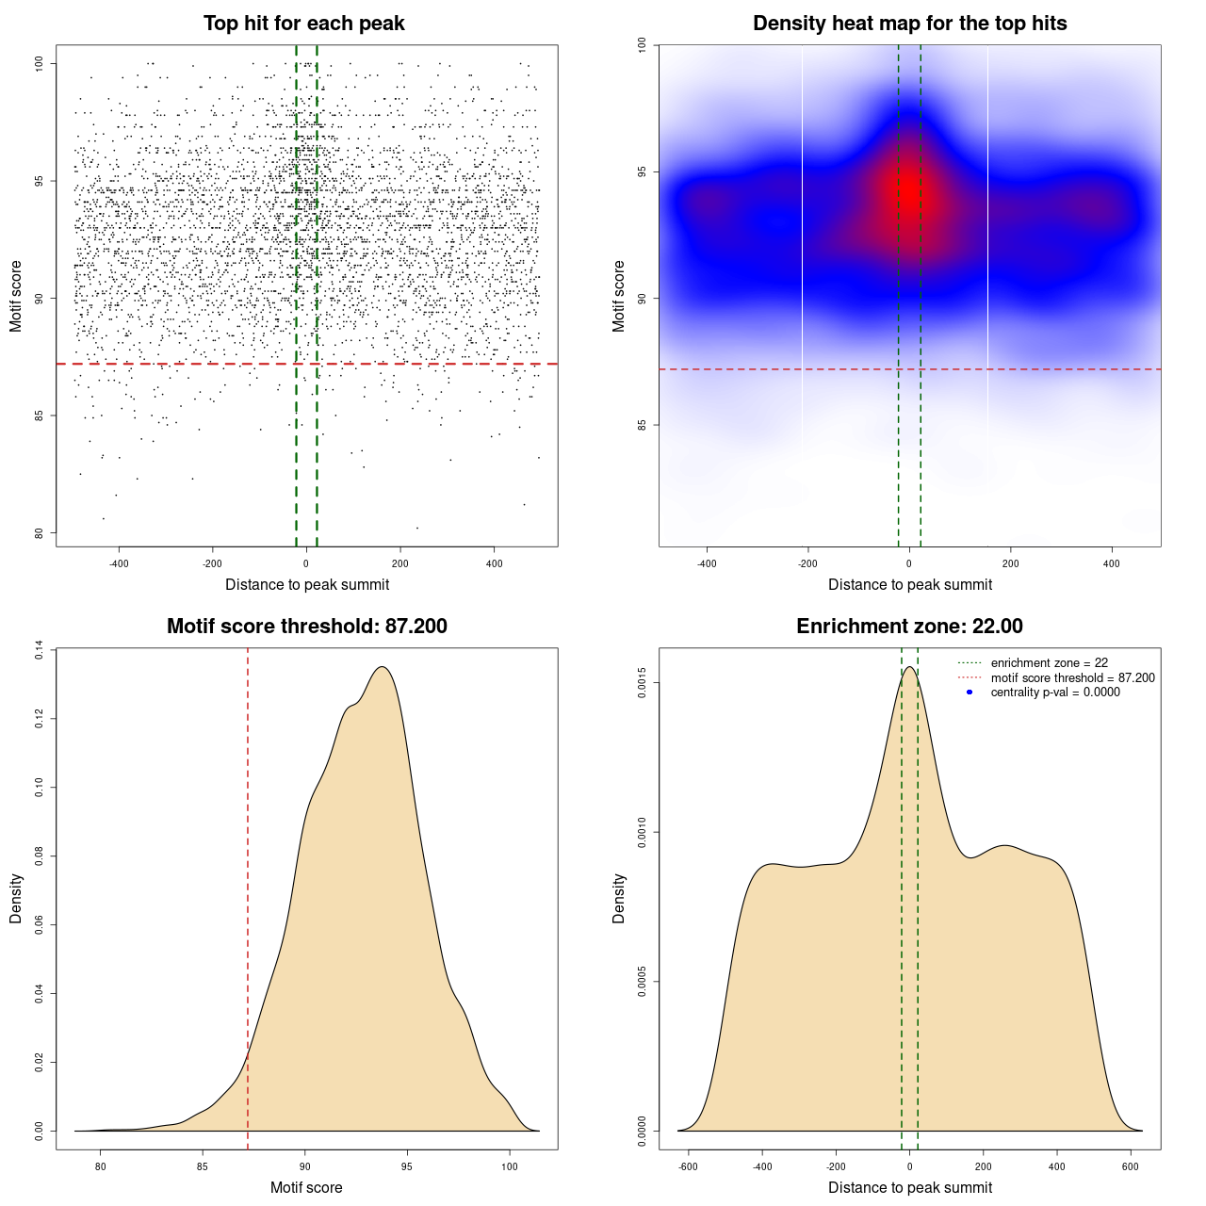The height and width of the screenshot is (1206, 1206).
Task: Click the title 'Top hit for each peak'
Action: click(x=304, y=24)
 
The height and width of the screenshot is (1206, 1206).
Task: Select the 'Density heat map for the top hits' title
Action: click(x=909, y=24)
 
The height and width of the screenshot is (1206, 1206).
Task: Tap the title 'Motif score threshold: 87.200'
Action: click(x=306, y=627)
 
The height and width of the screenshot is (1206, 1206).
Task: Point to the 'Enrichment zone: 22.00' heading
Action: click(x=909, y=627)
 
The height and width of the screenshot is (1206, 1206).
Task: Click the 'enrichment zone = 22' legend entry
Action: click(x=1049, y=663)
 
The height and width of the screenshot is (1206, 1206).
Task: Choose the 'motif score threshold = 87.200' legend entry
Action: click(x=1072, y=677)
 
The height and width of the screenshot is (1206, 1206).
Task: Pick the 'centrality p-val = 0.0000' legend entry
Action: click(x=1055, y=693)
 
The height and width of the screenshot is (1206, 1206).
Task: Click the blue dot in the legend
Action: click(x=970, y=693)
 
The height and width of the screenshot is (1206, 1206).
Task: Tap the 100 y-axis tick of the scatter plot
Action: click(x=39, y=63)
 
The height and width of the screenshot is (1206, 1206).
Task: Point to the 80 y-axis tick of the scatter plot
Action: click(x=39, y=533)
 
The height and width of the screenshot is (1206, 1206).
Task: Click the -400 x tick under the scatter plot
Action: click(x=119, y=563)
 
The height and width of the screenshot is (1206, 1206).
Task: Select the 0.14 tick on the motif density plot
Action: click(x=39, y=650)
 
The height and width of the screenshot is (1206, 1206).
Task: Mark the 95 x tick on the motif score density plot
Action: click(x=407, y=1166)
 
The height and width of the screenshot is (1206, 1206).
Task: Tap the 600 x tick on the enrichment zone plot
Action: click(x=1131, y=1166)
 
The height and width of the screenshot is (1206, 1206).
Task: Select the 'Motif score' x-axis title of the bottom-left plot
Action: click(x=306, y=1187)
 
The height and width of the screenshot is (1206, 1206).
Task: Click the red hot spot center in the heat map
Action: click(x=909, y=191)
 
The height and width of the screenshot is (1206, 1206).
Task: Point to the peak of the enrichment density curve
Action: click(x=909, y=667)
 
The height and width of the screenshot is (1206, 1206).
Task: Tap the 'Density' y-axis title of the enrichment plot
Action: click(x=619, y=898)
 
